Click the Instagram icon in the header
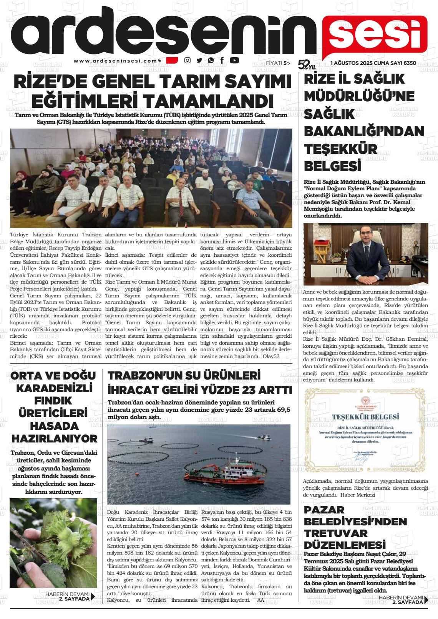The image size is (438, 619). click(187, 60)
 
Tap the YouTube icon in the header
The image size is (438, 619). click(234, 60)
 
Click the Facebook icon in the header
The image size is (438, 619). click(222, 60)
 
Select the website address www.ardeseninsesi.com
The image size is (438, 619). click(116, 61)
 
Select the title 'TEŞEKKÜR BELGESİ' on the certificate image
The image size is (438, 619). click(365, 416)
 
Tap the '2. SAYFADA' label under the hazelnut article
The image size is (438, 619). click(74, 598)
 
